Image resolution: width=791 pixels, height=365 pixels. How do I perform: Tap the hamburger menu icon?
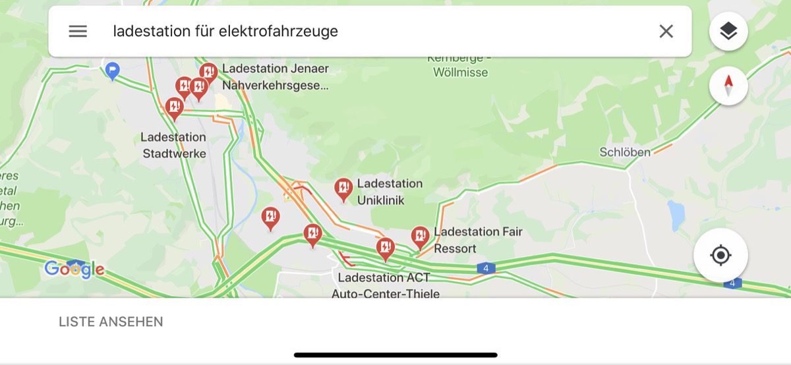coord(78,31)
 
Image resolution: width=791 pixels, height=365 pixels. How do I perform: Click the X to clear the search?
coord(666,31)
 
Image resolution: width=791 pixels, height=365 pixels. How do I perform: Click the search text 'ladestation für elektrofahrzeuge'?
coord(225,31)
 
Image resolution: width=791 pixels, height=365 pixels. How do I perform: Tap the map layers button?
coord(728,31)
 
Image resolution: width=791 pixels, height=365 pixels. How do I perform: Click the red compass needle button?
coord(728,86)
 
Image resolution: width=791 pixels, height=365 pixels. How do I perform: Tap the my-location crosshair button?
coord(720,255)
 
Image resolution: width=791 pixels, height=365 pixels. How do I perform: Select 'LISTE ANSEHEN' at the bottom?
coord(111,322)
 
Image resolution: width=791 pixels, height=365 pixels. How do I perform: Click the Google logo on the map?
coord(74,269)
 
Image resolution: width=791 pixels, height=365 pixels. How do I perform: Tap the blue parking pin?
coord(113,69)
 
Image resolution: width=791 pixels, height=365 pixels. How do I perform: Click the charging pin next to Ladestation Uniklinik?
coord(343,189)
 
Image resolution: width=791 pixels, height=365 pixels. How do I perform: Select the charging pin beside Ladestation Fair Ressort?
coord(420,236)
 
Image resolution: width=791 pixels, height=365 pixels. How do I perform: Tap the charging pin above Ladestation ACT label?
coord(385,248)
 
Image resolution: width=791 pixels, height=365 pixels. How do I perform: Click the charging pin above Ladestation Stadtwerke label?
coord(174,107)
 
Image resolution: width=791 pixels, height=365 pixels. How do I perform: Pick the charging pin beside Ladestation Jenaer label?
coord(208,72)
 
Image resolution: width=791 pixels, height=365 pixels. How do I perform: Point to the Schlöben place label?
coord(624,152)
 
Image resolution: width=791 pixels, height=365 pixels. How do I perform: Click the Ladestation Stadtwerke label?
coord(174,146)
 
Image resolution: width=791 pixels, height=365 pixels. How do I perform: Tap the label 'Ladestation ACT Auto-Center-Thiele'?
coord(385,286)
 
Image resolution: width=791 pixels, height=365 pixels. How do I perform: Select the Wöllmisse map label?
coord(460,72)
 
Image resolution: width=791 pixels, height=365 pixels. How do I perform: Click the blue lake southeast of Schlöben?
coord(676,213)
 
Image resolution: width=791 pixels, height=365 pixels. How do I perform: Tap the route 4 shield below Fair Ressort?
coord(486,268)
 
